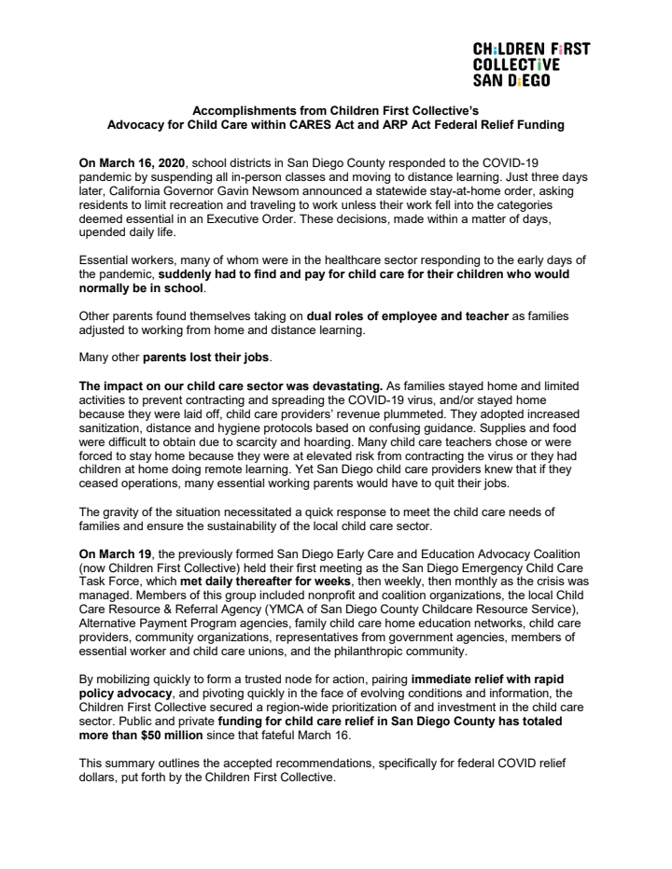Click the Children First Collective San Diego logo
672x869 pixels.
(531, 64)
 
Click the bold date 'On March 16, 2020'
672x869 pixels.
(133, 161)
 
